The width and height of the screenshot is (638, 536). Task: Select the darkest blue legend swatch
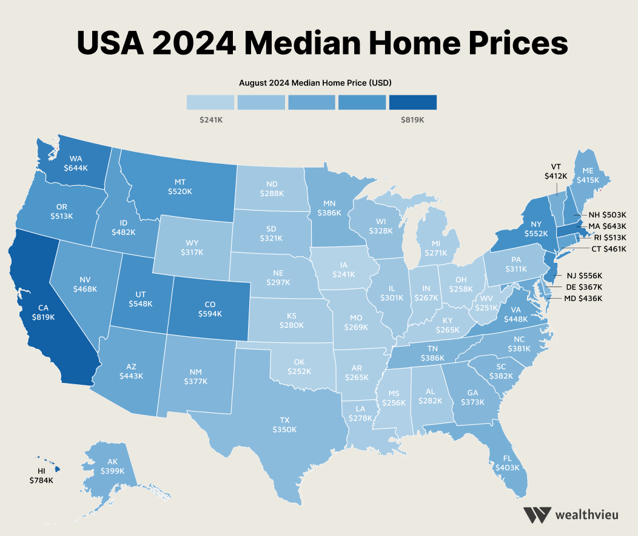(412, 102)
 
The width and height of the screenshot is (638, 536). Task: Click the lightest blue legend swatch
(210, 102)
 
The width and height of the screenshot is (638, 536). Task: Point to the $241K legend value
(210, 120)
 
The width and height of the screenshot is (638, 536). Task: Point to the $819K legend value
(412, 120)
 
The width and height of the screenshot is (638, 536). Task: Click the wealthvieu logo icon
(537, 515)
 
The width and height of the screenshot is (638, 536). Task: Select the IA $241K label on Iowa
(344, 270)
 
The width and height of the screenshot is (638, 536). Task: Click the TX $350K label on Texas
(284, 424)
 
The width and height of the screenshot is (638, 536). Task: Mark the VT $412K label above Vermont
(556, 171)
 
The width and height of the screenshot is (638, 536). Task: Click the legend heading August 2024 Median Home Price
(311, 82)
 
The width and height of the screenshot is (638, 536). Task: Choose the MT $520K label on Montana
(180, 186)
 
